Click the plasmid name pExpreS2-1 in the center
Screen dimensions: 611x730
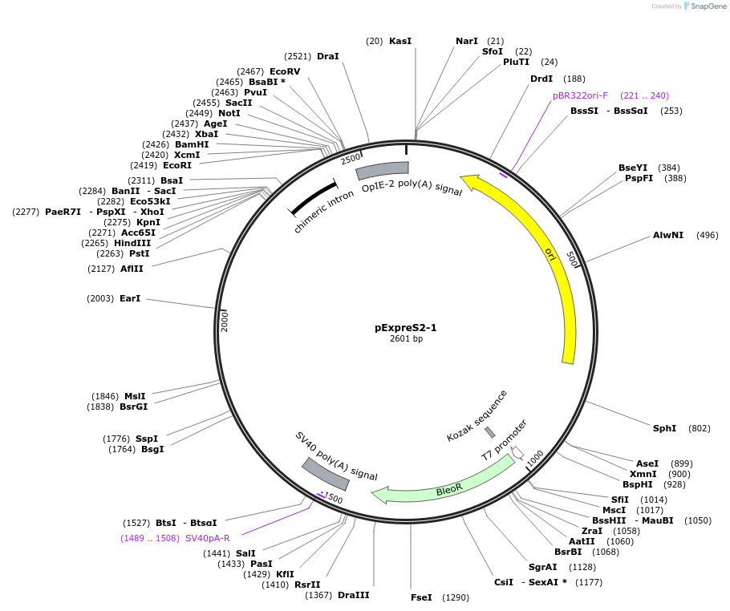[x=406, y=327]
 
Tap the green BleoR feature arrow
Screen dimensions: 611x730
[x=449, y=486]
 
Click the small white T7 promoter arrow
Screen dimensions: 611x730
[x=517, y=452]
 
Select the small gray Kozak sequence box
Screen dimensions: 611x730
[x=489, y=433]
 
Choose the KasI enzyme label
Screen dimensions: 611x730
[x=399, y=41]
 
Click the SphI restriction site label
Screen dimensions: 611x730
[x=664, y=428]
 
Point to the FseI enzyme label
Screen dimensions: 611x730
[x=421, y=597]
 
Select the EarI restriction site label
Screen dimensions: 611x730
[x=130, y=298]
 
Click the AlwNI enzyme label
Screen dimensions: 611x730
[x=668, y=235]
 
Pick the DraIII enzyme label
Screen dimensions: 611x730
[x=354, y=594]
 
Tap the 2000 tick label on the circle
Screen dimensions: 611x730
[x=225, y=322]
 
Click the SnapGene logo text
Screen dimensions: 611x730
[x=708, y=6]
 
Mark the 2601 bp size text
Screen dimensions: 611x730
[x=406, y=339]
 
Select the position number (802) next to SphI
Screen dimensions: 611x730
[x=700, y=428]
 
